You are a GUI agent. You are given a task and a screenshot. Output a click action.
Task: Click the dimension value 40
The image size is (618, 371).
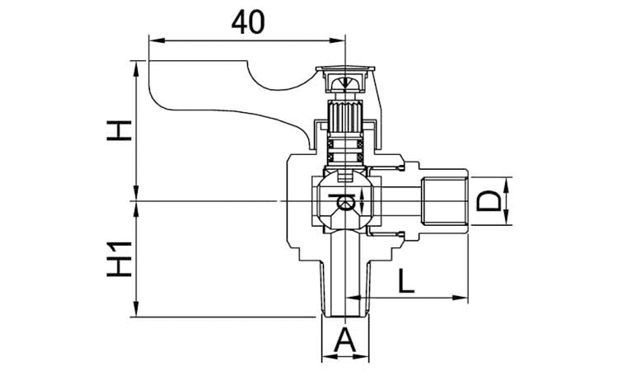pos(247,21)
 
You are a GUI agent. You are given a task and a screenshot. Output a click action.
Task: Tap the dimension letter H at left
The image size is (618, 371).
pos(120,130)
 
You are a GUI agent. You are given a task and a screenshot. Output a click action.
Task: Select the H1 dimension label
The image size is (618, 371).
pos(120,259)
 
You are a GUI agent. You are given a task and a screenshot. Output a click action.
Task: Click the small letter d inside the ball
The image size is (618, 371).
pos(345,200)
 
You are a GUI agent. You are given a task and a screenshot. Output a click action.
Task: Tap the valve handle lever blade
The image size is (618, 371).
pos(214,87)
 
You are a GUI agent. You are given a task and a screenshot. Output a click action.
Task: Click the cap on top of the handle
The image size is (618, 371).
pos(344,78)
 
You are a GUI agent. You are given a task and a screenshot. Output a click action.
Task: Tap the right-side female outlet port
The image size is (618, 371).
pos(445,200)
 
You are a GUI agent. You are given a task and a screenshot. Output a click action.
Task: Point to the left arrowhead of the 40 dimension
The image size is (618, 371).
pos(152,38)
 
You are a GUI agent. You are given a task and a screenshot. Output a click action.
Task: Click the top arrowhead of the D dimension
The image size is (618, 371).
pos(506,181)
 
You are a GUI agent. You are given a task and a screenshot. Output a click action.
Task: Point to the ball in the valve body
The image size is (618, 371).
pos(345,201)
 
